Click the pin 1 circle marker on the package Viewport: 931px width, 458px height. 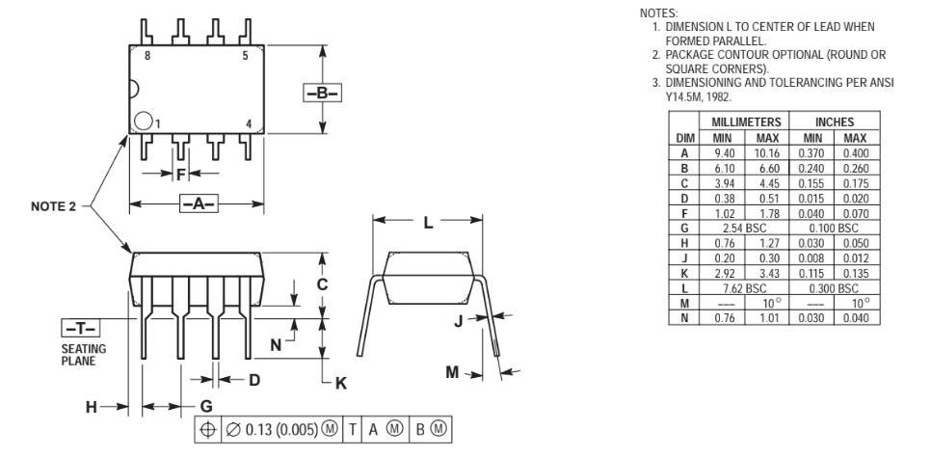point(143,121)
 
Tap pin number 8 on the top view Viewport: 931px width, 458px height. point(147,56)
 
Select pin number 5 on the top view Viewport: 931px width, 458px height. point(245,56)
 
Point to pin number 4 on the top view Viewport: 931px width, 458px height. point(249,124)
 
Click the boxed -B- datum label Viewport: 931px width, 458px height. point(323,93)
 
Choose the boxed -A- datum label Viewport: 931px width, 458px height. point(199,203)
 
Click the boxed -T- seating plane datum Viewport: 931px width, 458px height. point(81,328)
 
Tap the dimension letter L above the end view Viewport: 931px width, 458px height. point(428,223)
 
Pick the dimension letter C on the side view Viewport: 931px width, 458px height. point(322,284)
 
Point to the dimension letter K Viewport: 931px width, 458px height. point(341,383)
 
